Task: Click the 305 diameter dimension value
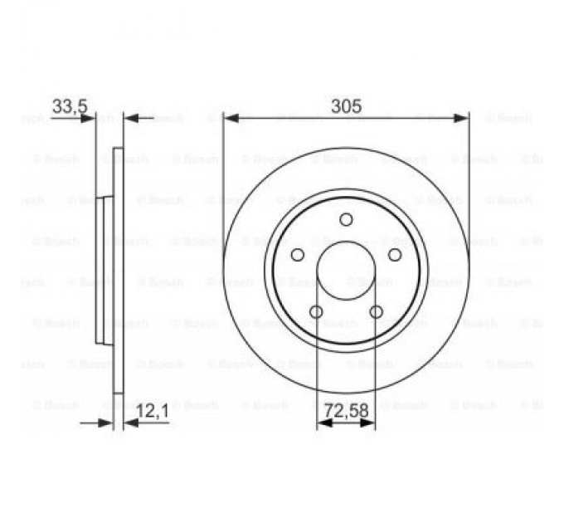click(346, 105)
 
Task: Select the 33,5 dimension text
click(70, 105)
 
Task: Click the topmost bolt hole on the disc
click(346, 219)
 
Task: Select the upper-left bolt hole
click(297, 255)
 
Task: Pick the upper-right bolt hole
click(395, 255)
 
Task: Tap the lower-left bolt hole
click(315, 312)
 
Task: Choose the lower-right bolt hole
click(376, 312)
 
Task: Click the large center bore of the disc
click(346, 271)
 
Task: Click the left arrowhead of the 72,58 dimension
click(324, 423)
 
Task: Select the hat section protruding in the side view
click(102, 270)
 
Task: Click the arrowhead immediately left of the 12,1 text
click(130, 423)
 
